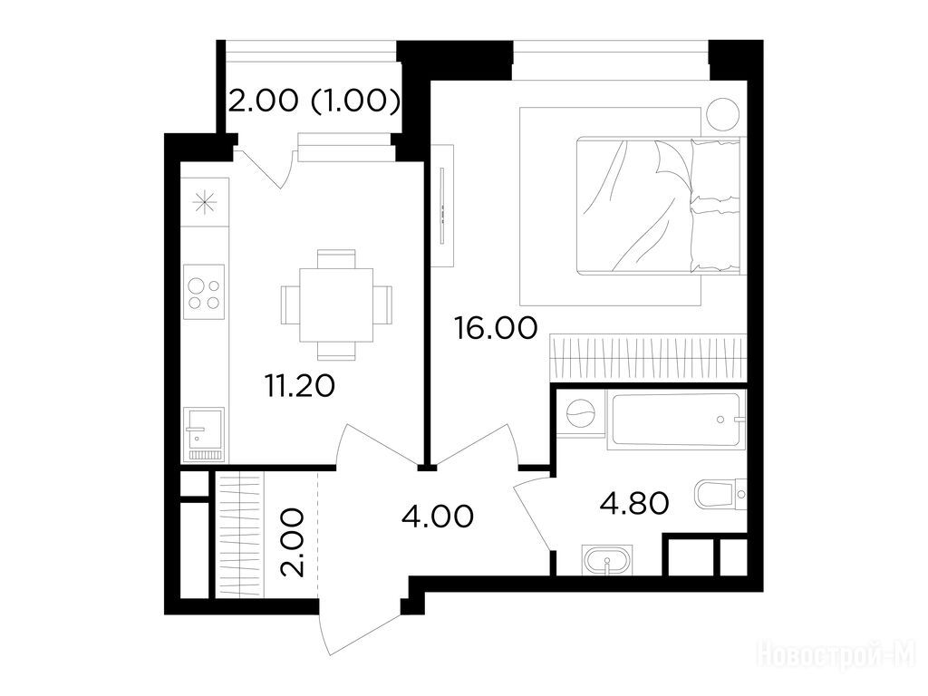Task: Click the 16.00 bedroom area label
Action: tap(496, 328)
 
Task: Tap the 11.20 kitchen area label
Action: tap(300, 386)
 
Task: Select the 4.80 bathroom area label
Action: tap(634, 504)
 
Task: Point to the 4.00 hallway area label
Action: tap(438, 516)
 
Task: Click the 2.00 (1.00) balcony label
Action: tap(314, 101)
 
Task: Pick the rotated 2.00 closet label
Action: tap(293, 542)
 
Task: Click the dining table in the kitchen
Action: tap(336, 304)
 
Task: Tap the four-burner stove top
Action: tap(204, 292)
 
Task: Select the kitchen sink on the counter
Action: tap(204, 434)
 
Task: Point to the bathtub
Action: tap(676, 420)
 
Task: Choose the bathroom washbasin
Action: tap(607, 560)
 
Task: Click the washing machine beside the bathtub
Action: tap(581, 412)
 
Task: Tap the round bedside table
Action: tap(722, 113)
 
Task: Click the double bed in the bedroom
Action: tap(658, 206)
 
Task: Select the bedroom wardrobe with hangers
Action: tap(647, 357)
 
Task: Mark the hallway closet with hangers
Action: tap(239, 536)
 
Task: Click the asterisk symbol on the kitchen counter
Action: tap(205, 202)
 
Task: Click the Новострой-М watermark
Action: tap(836, 657)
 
